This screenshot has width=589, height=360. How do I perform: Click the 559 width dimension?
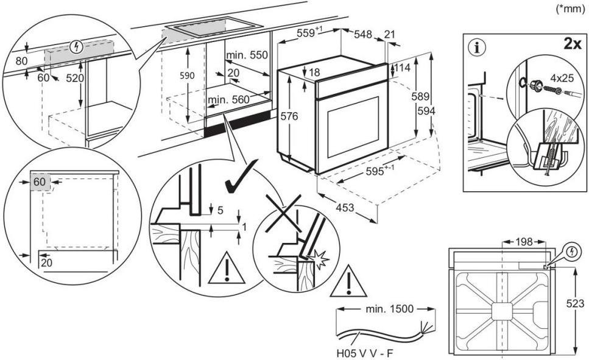tap(308, 34)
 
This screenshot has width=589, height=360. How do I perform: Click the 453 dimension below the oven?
tap(345, 208)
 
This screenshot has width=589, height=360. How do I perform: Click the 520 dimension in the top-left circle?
tap(75, 79)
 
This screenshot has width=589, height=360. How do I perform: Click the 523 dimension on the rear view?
tap(579, 303)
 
